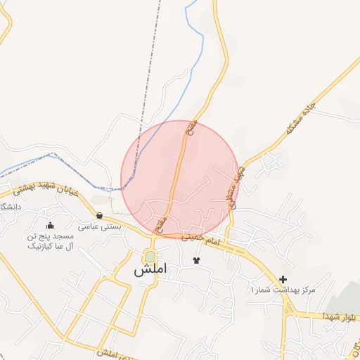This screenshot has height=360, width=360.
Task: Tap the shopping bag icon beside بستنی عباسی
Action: click(x=99, y=216)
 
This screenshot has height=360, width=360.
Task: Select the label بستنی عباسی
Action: click(x=99, y=227)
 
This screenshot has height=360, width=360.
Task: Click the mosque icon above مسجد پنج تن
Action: click(x=50, y=226)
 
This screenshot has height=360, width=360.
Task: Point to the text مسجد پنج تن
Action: click(x=50, y=237)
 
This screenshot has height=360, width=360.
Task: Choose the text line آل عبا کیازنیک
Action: click(x=50, y=247)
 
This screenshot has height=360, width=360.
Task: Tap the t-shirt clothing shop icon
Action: click(x=196, y=260)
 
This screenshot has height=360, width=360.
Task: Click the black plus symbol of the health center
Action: click(x=283, y=279)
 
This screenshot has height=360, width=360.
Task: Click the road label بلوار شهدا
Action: click(x=340, y=318)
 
